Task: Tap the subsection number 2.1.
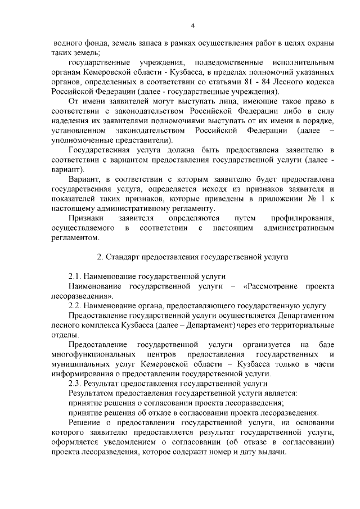76,277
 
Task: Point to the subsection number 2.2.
76,305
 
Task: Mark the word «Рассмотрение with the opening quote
272,287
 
